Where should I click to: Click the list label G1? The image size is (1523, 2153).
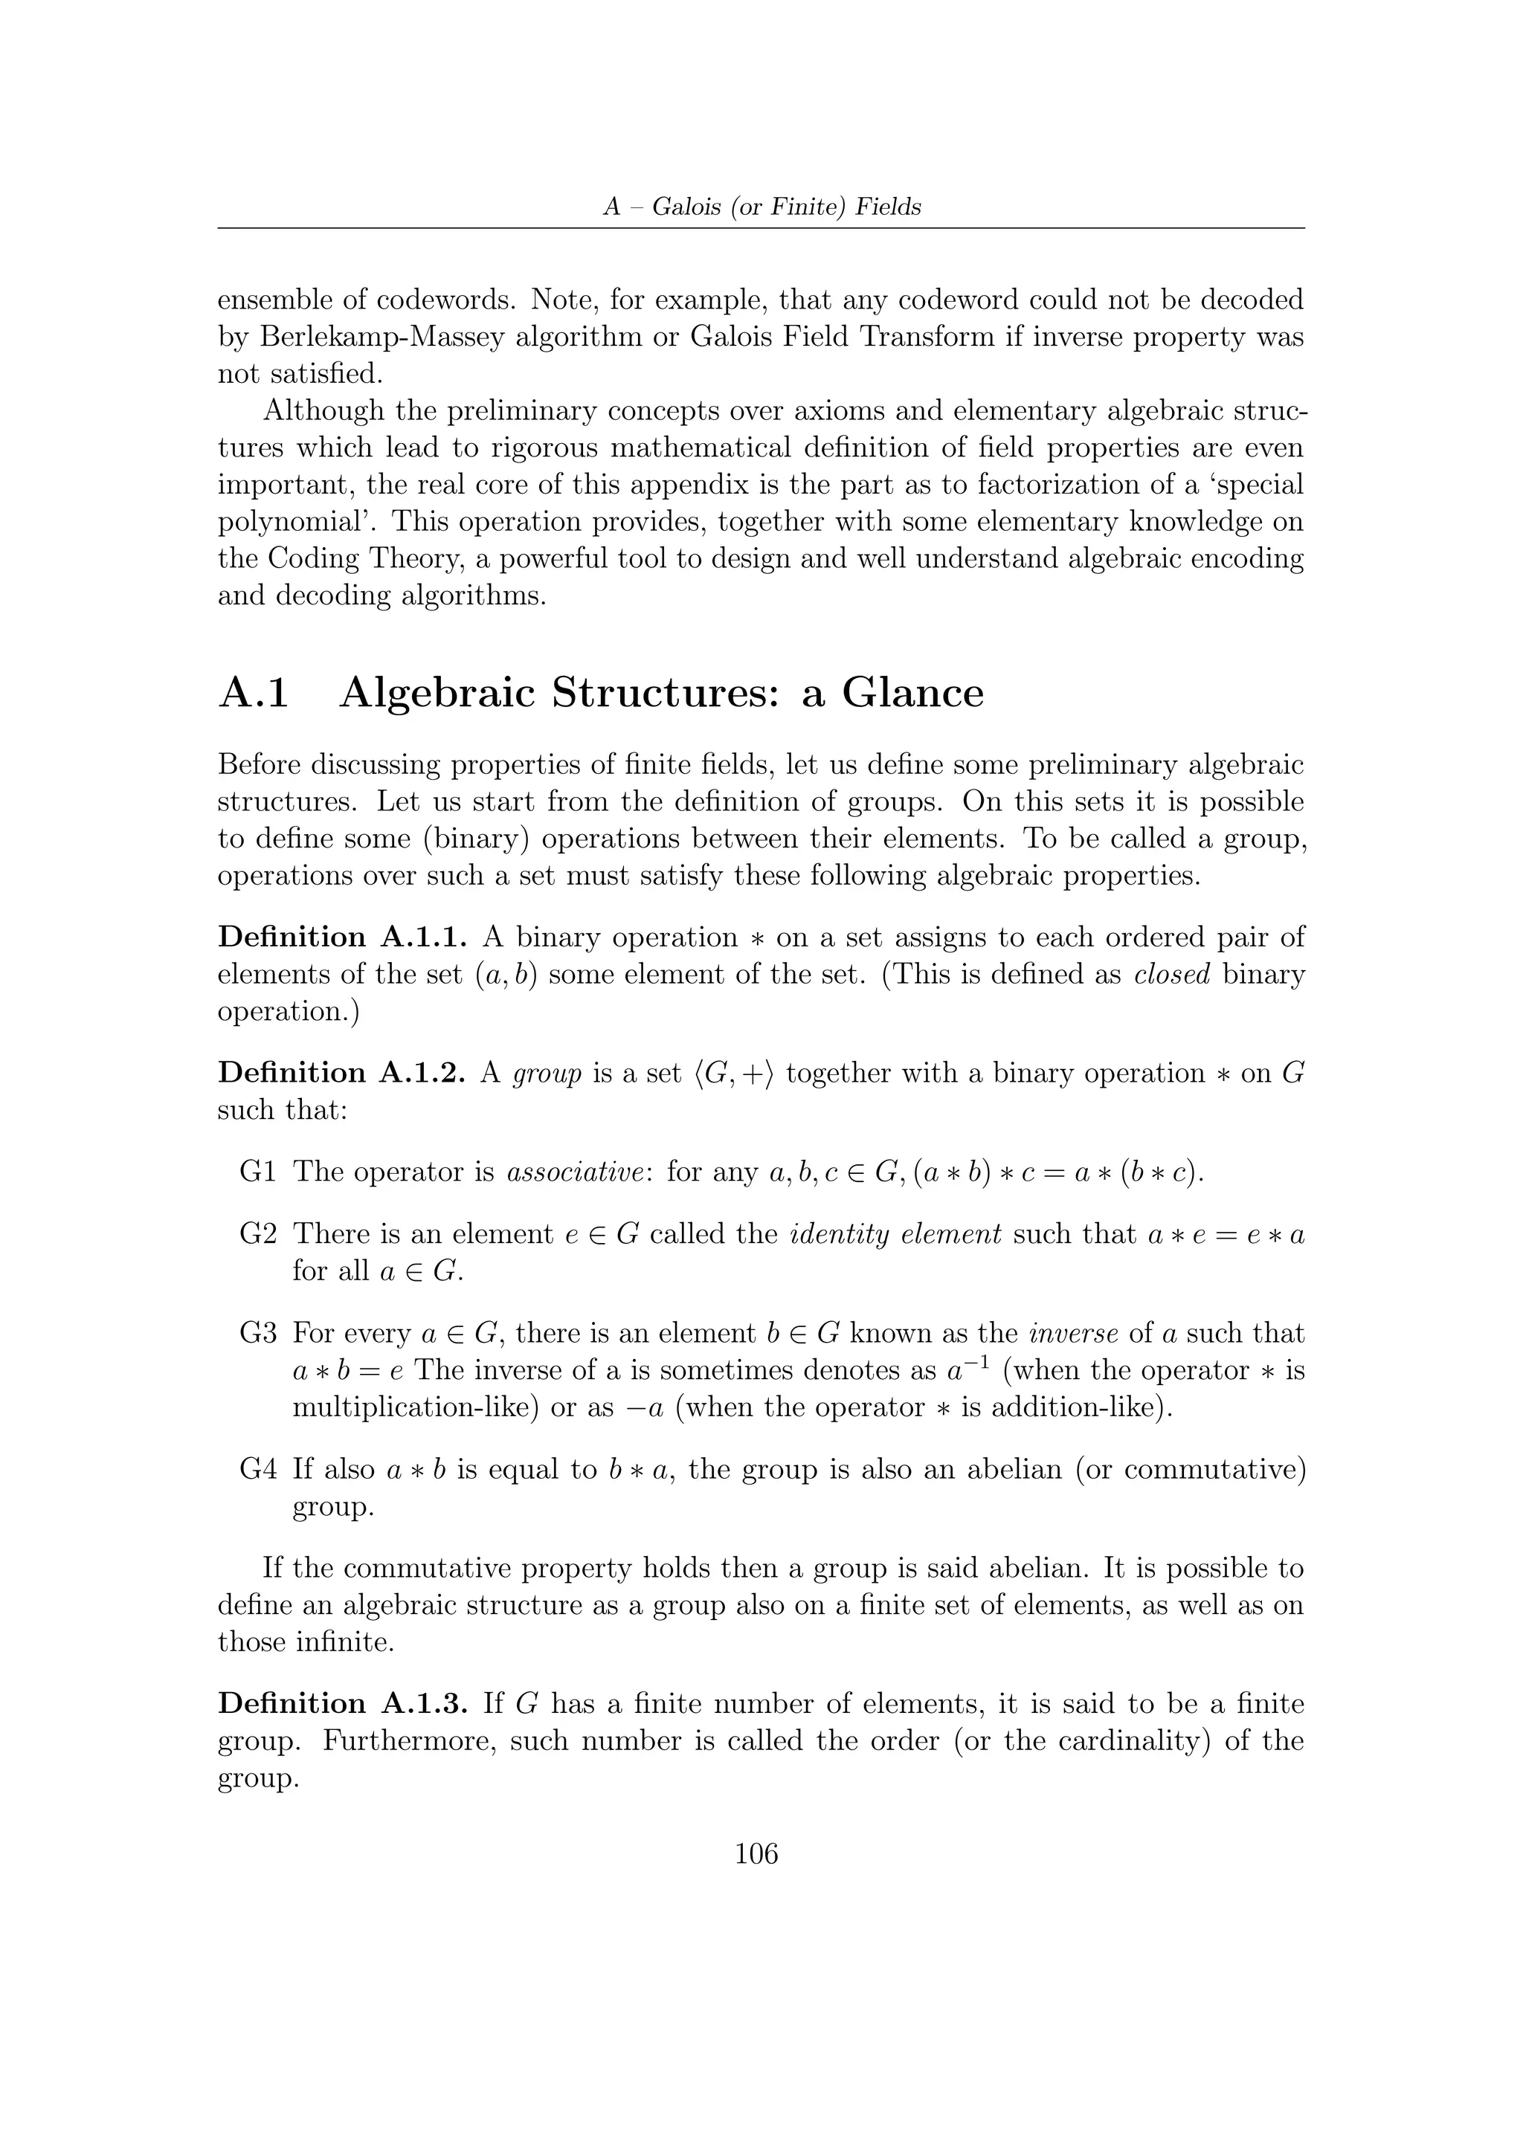258,1172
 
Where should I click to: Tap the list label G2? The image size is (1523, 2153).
258,1234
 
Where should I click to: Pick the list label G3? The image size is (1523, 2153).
258,1334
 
